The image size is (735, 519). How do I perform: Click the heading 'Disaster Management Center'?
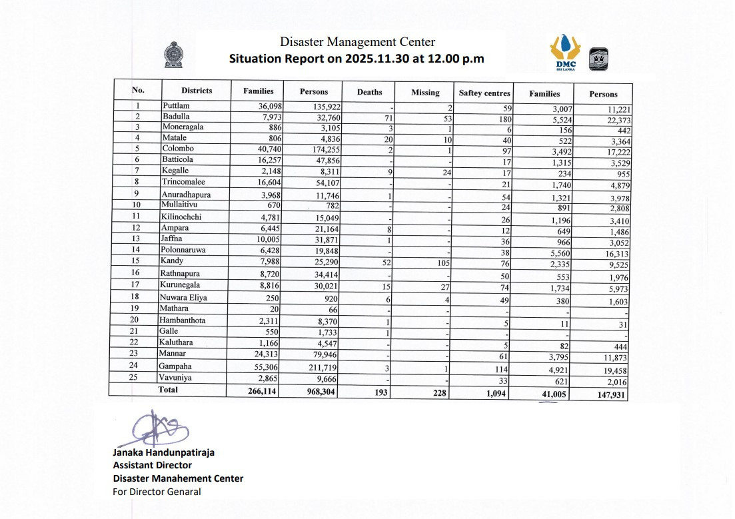(x=357, y=42)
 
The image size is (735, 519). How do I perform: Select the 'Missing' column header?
(x=425, y=93)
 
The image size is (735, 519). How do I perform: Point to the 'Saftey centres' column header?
(x=484, y=93)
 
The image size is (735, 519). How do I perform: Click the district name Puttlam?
(x=176, y=105)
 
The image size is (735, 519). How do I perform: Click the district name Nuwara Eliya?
(x=183, y=298)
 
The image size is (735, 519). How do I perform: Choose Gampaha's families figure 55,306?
(x=259, y=367)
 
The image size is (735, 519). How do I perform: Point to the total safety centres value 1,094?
(x=496, y=393)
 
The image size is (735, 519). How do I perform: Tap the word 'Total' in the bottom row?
(x=168, y=390)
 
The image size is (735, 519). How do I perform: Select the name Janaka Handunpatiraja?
(x=163, y=452)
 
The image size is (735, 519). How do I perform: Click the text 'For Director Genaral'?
(x=157, y=492)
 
